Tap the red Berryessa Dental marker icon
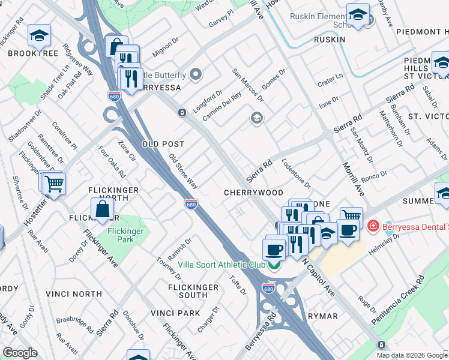tap(373, 226)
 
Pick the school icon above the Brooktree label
tap(40, 36)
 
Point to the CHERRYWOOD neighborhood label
tap(253, 193)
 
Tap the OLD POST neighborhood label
tap(163, 144)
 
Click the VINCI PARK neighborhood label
tap(175, 313)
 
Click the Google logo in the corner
tap(19, 353)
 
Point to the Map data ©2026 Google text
tap(412, 355)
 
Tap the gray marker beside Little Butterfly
tap(196, 75)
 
